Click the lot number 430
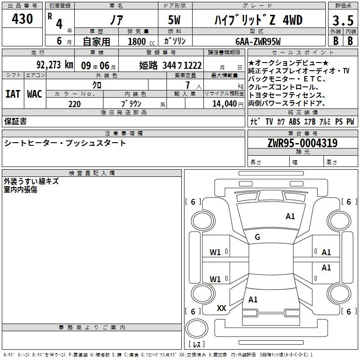point(22,18)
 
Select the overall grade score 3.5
point(343,20)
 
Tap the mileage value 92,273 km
point(55,65)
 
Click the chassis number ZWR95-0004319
point(302,143)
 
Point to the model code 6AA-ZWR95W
point(258,41)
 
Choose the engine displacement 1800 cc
point(141,41)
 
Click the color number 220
point(74,104)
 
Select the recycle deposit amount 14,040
point(225,104)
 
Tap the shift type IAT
point(13,94)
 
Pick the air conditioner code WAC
point(35,94)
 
